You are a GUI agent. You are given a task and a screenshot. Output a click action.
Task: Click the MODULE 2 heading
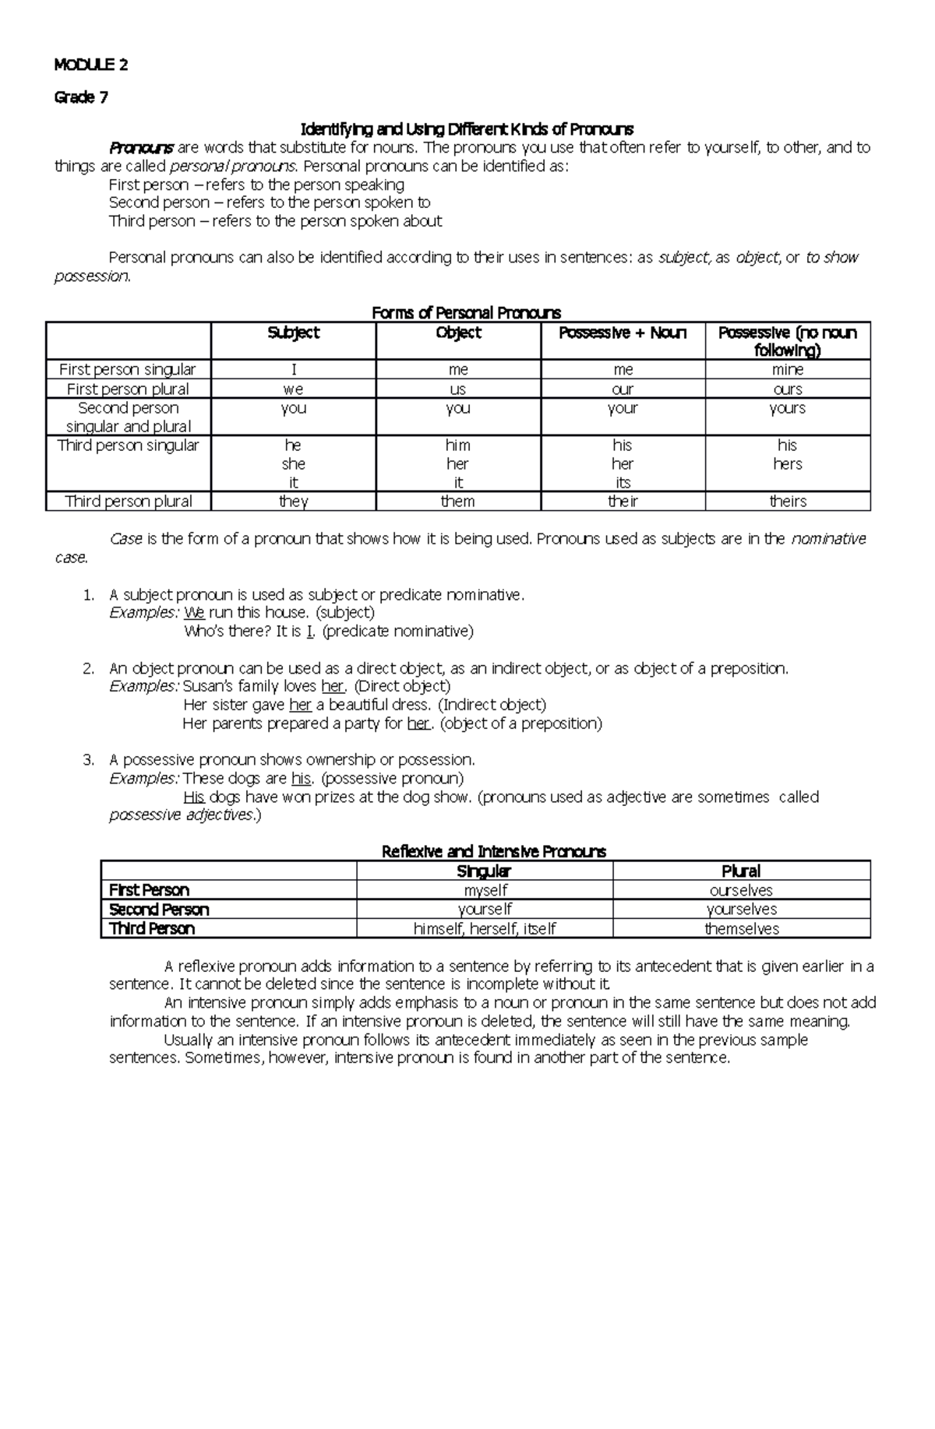[x=91, y=65]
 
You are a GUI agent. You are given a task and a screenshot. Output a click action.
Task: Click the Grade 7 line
[x=81, y=97]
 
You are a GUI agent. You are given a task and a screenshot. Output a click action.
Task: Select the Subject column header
[x=293, y=333]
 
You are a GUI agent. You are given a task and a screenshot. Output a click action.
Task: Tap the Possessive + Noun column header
[x=623, y=333]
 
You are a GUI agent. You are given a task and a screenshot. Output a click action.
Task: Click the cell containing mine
[x=788, y=370]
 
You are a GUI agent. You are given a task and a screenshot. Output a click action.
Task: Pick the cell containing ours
[x=788, y=389]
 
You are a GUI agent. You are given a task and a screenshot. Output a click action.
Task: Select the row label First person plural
[x=128, y=389]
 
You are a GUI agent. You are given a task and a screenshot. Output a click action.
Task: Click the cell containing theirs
[x=788, y=502]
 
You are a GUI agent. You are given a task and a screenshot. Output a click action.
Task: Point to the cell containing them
[x=457, y=502]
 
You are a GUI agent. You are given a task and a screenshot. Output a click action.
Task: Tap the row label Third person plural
[x=128, y=502]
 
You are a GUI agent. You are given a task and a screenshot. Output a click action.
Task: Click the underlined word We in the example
[x=194, y=613]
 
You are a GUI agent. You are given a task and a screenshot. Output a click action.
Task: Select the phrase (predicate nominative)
[x=397, y=632]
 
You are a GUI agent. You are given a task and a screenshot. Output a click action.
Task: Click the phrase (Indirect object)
[x=492, y=705]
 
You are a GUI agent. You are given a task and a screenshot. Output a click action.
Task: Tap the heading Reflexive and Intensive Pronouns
[x=493, y=851]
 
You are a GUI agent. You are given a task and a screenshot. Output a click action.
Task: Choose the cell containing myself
[x=485, y=890]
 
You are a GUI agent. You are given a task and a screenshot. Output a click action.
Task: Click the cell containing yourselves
[x=741, y=910]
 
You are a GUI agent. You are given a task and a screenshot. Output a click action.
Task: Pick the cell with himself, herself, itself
[x=485, y=928]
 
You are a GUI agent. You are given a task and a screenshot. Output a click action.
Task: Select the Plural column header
[x=741, y=871]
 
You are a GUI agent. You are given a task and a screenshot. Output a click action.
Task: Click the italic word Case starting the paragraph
[x=125, y=539]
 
